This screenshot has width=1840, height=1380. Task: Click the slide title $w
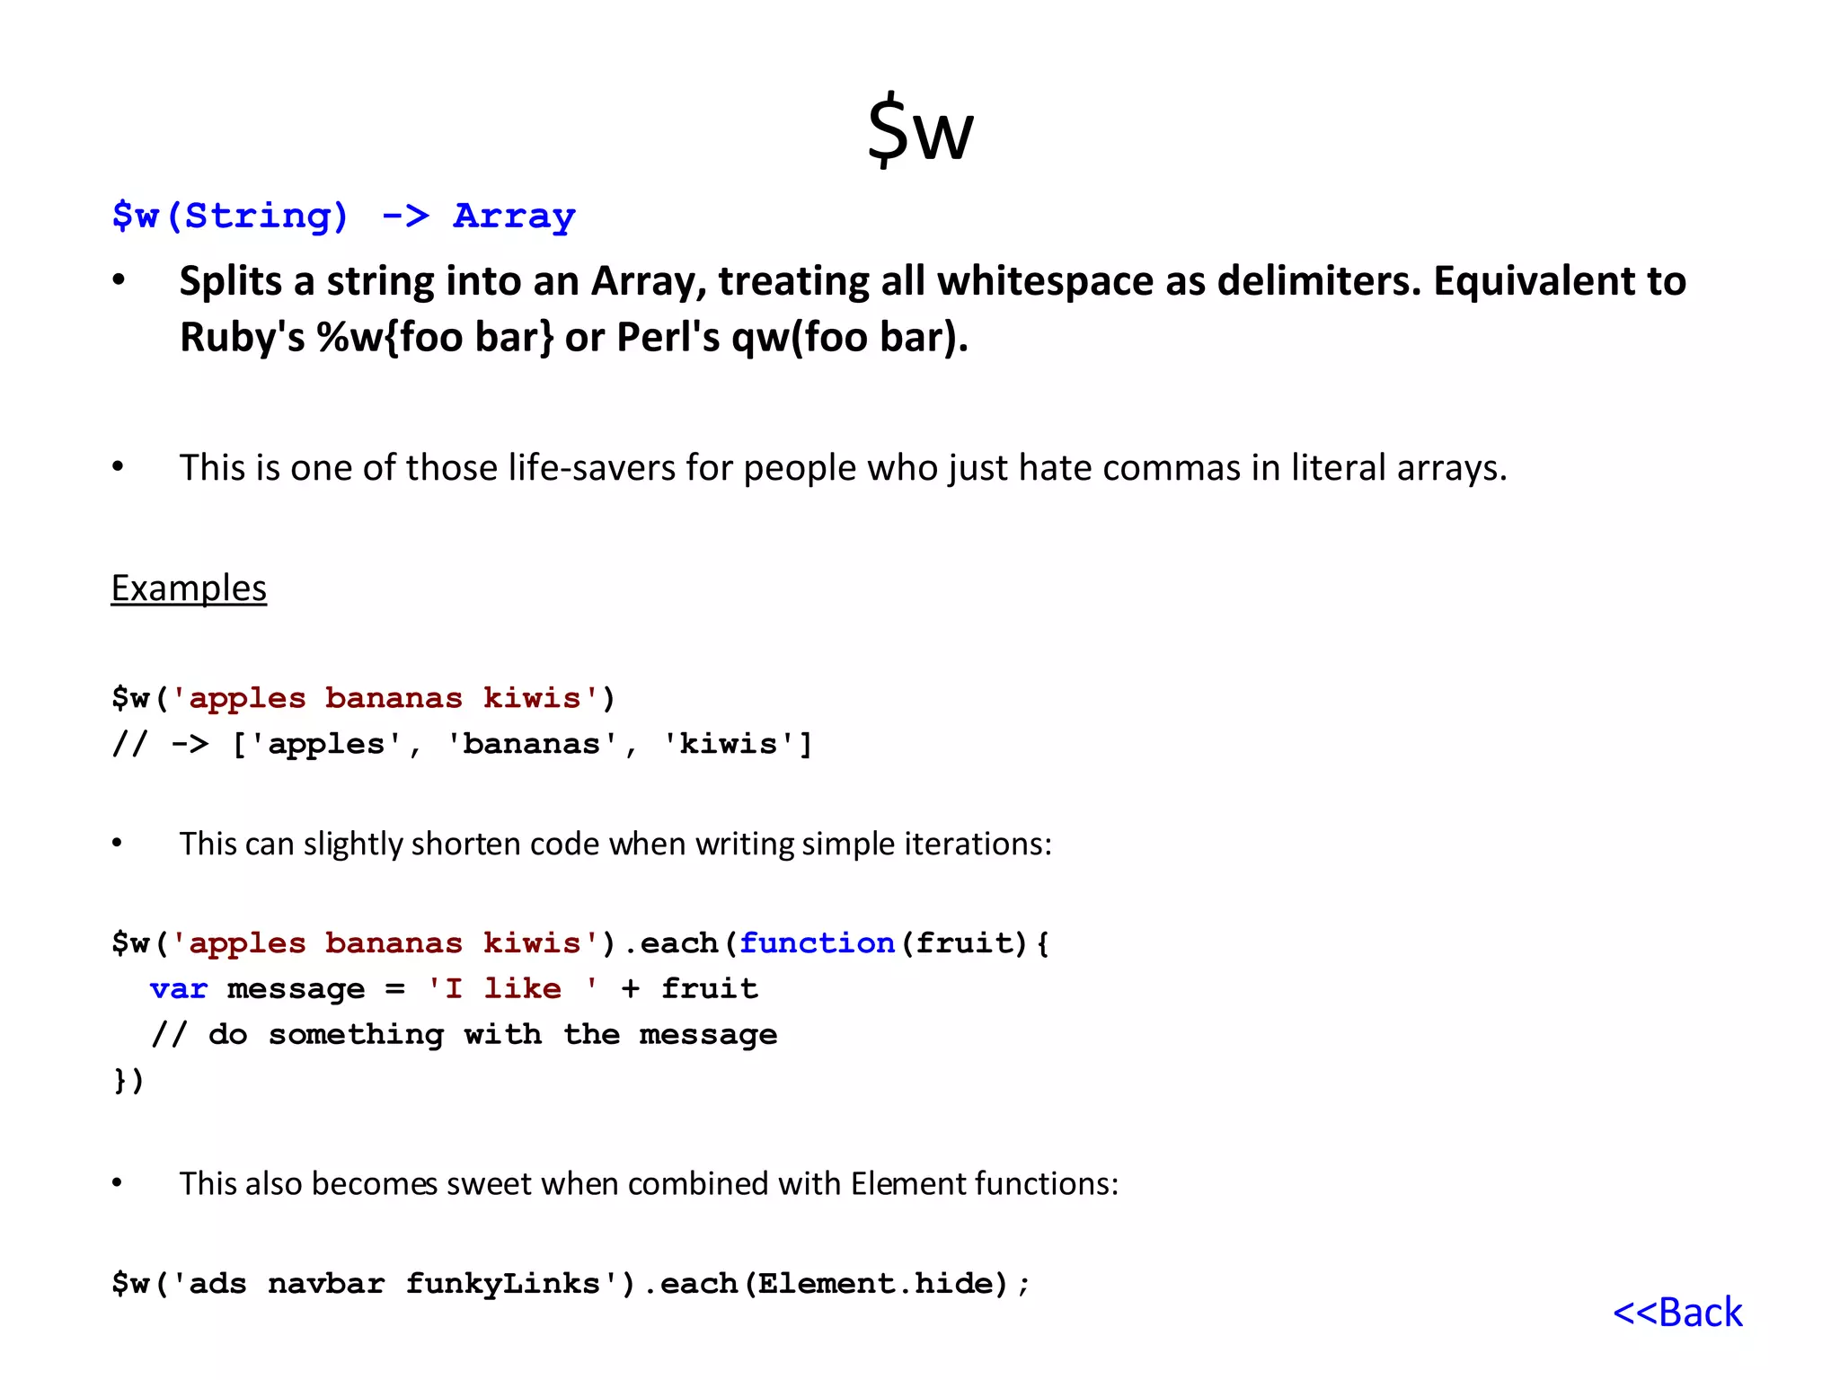tap(920, 130)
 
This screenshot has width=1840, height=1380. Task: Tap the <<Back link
tap(1677, 1313)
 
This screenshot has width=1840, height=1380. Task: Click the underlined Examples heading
tap(189, 588)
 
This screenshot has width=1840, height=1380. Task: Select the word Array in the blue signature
tap(514, 217)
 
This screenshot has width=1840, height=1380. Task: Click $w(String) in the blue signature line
tap(230, 217)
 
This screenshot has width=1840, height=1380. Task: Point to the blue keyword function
tap(817, 942)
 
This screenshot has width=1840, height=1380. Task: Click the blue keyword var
tap(179, 988)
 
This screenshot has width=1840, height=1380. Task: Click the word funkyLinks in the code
tap(502, 1283)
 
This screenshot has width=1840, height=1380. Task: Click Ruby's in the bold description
tap(242, 338)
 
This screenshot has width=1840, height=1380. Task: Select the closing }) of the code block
tap(128, 1080)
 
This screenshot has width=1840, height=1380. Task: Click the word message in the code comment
tap(708, 1034)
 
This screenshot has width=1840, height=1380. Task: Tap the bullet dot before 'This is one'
tap(118, 467)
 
